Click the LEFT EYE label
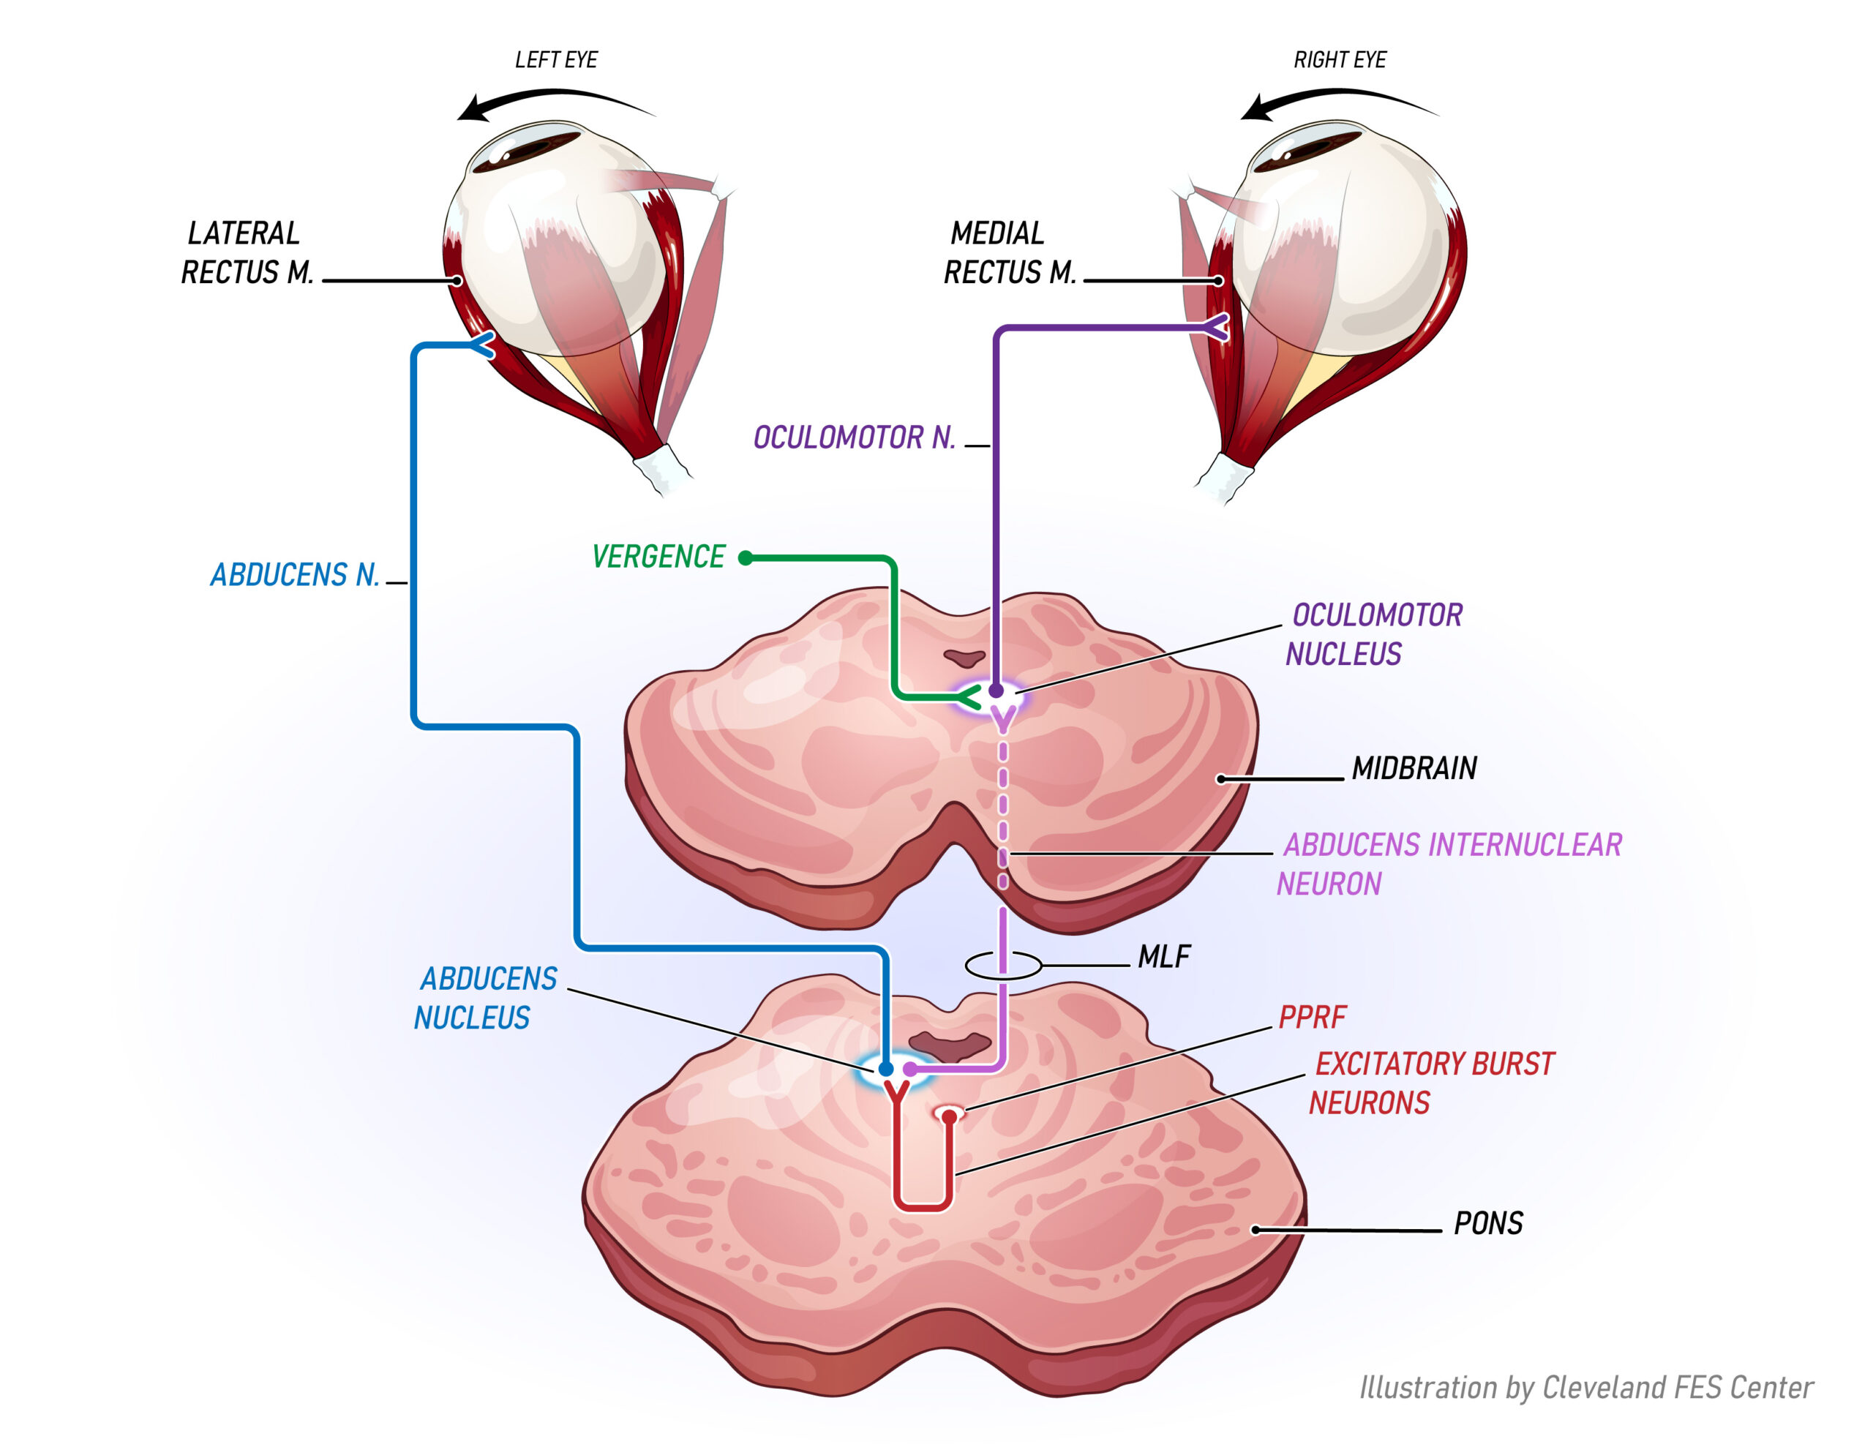click(x=556, y=60)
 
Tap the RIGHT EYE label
click(x=1340, y=60)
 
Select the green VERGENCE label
click(x=658, y=557)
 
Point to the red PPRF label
click(x=1312, y=1018)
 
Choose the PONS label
click(x=1488, y=1223)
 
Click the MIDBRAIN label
click(x=1414, y=767)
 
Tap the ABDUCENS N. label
click(x=295, y=575)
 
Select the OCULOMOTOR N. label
click(x=854, y=437)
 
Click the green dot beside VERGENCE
click(x=746, y=558)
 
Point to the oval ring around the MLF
click(x=1002, y=965)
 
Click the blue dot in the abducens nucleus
click(x=886, y=1069)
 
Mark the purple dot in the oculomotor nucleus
click(x=996, y=690)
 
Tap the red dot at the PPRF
click(x=950, y=1116)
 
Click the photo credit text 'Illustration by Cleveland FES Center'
click(x=1585, y=1387)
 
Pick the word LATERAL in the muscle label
click(x=244, y=233)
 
